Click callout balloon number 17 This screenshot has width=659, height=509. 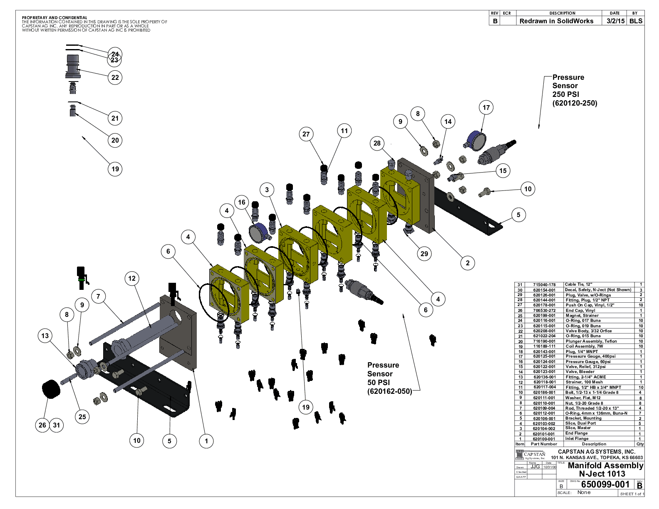(x=486, y=108)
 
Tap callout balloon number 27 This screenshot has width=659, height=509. (x=306, y=134)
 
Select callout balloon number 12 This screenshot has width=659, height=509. (x=132, y=279)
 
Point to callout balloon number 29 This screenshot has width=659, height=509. (x=424, y=254)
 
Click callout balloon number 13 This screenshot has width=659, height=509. (x=45, y=336)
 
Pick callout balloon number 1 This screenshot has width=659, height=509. (x=206, y=441)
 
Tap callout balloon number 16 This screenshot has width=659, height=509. (x=242, y=203)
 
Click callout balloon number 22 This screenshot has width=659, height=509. (x=115, y=77)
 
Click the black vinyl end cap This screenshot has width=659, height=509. (x=51, y=388)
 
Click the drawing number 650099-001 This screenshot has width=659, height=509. (x=605, y=484)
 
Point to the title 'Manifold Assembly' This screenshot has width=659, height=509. (x=605, y=465)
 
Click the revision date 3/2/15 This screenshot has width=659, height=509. (x=615, y=21)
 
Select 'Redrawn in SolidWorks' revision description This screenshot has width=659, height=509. (x=556, y=21)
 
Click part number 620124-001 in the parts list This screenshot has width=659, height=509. (x=544, y=361)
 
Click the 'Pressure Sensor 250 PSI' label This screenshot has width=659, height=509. (x=574, y=90)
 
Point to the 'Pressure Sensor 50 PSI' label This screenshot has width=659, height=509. (x=389, y=378)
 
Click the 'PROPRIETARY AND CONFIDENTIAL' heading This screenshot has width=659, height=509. (x=55, y=18)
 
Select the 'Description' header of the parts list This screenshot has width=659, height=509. (x=594, y=444)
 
